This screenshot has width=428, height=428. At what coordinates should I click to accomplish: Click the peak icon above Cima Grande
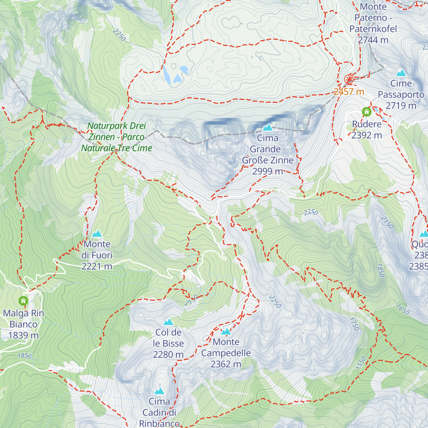(x=267, y=127)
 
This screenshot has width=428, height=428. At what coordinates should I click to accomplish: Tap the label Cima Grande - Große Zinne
(x=267, y=154)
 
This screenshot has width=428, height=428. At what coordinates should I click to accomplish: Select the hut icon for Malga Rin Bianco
(x=24, y=301)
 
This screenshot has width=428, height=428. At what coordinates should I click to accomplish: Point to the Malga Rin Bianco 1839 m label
(x=24, y=324)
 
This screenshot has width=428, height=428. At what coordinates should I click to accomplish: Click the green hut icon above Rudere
(x=366, y=112)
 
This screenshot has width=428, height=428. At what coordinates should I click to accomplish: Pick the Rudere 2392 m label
(x=367, y=130)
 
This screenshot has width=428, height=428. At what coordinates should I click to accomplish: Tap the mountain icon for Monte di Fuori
(x=97, y=234)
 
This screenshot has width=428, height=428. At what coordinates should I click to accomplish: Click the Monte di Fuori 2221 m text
(x=97, y=255)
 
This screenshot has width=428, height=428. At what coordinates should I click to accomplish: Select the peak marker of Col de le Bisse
(x=168, y=322)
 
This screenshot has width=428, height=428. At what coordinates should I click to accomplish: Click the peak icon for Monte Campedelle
(x=226, y=332)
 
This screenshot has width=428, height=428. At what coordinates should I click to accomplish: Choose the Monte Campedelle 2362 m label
(x=226, y=353)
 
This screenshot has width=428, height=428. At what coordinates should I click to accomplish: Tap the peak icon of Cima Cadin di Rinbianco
(x=159, y=391)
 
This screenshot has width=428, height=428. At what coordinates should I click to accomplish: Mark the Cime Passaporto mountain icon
(x=401, y=73)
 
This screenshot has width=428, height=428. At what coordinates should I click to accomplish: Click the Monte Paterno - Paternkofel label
(x=373, y=23)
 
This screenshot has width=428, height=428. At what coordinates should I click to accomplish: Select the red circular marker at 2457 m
(x=349, y=79)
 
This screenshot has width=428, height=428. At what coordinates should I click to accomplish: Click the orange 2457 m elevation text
(x=349, y=92)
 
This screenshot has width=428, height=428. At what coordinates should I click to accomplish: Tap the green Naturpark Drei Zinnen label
(x=117, y=137)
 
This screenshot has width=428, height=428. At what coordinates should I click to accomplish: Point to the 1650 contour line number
(x=403, y=309)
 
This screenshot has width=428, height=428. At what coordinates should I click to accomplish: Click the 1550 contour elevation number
(x=361, y=363)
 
